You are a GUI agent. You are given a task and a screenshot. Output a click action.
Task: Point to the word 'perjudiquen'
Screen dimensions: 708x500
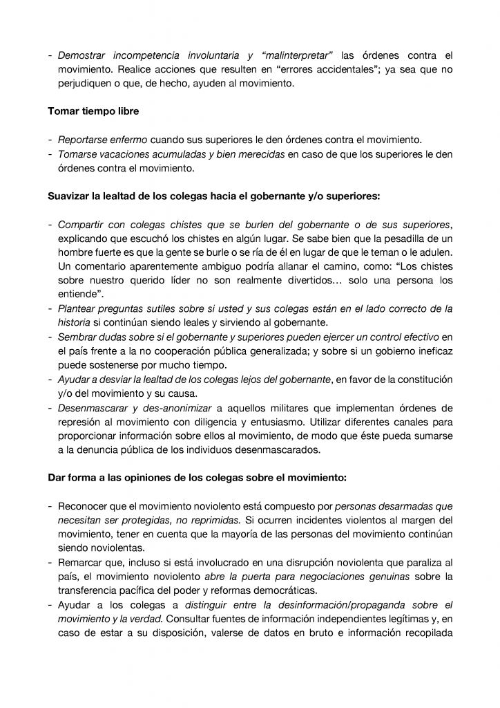coord(86,84)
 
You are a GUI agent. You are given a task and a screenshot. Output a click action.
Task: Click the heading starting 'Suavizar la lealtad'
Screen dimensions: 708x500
coord(213,196)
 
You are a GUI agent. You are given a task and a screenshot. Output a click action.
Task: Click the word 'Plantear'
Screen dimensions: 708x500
coord(77,308)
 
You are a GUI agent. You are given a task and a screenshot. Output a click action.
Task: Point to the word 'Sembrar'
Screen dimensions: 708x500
coord(78,337)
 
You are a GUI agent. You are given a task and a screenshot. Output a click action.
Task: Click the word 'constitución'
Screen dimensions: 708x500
coord(423,379)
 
